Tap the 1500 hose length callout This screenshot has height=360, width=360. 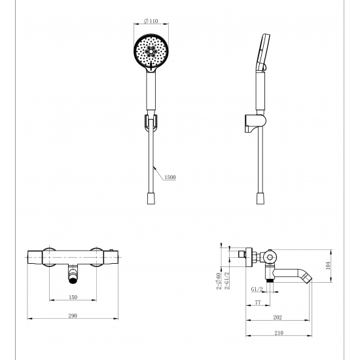[170, 177]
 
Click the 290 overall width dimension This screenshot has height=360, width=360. [73, 316]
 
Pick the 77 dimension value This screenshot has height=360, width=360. [258, 303]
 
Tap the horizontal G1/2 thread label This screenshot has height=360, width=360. [257, 288]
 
